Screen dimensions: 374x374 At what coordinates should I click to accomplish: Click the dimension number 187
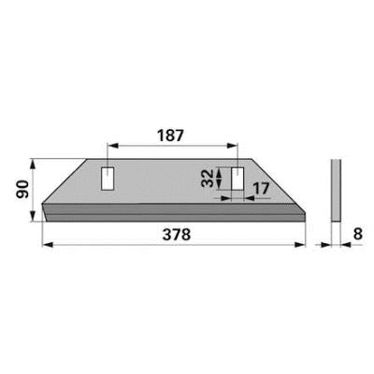171,136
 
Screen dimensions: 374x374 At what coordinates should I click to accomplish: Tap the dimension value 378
177,235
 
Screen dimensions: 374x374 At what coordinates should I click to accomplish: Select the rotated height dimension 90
22,189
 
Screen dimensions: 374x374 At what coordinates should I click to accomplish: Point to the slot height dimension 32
208,178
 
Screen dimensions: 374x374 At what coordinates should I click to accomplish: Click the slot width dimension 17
260,189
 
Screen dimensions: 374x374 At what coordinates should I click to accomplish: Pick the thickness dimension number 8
357,234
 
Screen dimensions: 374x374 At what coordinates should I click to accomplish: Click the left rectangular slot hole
108,179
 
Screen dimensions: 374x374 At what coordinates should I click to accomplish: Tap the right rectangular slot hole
237,179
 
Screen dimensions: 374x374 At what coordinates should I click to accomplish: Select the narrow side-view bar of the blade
336,191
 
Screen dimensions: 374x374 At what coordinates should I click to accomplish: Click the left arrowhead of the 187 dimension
111,146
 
